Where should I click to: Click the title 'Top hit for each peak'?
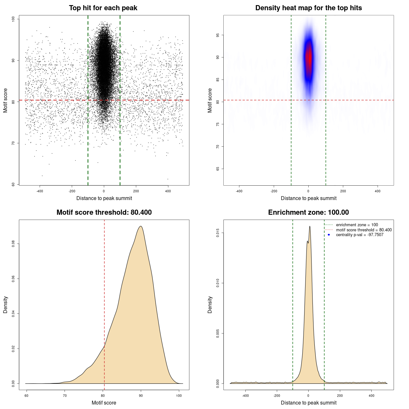pyautogui.click(x=103, y=8)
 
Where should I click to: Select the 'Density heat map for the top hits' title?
pyautogui.click(x=308, y=8)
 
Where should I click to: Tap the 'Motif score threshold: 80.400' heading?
pyautogui.click(x=104, y=212)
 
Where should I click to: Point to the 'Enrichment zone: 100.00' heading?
pyautogui.click(x=308, y=212)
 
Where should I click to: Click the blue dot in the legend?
pyautogui.click(x=329, y=235)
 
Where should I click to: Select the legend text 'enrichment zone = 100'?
pyautogui.click(x=357, y=225)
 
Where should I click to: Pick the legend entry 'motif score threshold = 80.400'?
pyautogui.click(x=364, y=230)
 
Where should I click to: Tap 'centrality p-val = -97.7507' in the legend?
pyautogui.click(x=359, y=235)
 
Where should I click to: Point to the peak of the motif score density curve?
pyautogui.click(x=141, y=226)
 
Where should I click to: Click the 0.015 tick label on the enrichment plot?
pyautogui.click(x=218, y=233)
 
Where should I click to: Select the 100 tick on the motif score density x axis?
pyautogui.click(x=179, y=396)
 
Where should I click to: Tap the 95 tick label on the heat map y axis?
pyautogui.click(x=218, y=35)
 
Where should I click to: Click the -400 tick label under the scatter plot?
pyautogui.click(x=40, y=191)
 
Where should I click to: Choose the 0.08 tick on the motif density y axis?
pyautogui.click(x=13, y=244)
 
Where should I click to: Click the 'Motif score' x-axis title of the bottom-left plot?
pyautogui.click(x=104, y=403)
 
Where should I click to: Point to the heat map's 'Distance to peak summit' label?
pyautogui.click(x=308, y=198)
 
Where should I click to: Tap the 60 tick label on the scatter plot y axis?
pyautogui.click(x=13, y=184)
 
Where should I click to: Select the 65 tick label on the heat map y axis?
pyautogui.click(x=218, y=169)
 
